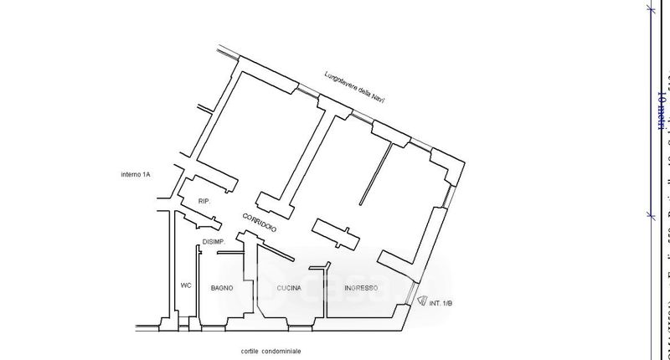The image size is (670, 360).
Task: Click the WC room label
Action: [x=186, y=285]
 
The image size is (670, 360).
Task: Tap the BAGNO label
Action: [x=222, y=289]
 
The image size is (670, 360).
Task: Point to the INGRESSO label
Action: [x=360, y=289]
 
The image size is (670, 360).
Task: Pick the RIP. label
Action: [x=204, y=202]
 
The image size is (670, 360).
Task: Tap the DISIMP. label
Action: [x=214, y=243]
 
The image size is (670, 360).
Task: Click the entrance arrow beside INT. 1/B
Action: [x=420, y=299]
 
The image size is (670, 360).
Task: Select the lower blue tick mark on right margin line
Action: [x=652, y=215]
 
